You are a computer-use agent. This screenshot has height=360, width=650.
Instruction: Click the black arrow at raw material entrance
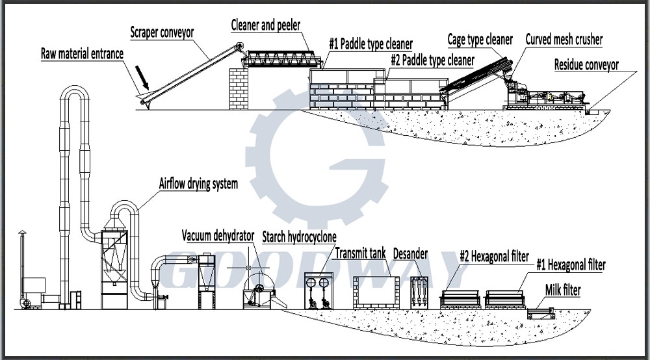click(x=142, y=80)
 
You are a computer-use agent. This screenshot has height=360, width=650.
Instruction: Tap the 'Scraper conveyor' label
click(x=162, y=32)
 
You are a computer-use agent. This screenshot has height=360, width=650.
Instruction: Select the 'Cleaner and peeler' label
click(x=265, y=24)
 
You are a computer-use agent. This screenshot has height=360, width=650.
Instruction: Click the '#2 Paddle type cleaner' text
click(x=432, y=60)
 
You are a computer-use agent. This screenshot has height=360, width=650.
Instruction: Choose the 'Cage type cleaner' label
click(x=480, y=40)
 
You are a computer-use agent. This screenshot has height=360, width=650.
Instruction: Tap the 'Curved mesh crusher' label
click(x=564, y=40)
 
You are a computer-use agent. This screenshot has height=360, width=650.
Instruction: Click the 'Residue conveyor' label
click(x=586, y=64)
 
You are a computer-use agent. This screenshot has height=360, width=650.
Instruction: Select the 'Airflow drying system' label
click(x=198, y=184)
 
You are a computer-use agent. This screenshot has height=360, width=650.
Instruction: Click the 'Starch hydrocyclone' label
click(x=300, y=235)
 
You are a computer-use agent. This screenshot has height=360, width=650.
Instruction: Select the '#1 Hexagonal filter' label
click(x=571, y=265)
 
